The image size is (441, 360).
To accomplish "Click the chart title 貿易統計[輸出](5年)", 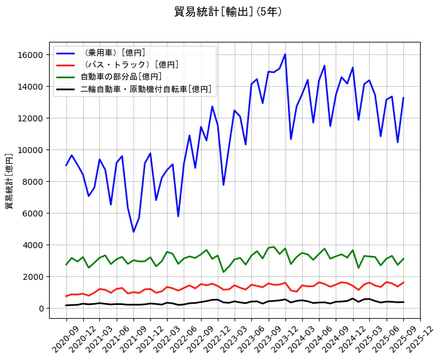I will pos(228,12).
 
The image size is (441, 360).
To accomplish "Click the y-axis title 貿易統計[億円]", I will pos(9,181).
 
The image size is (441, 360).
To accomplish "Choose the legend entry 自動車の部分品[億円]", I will pos(121,77).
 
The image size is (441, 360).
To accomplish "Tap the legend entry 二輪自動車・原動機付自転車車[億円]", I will pos(146,89).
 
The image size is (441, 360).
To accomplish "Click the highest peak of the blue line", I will pos(285,54).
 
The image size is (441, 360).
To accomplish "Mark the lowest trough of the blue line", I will pos(133,232).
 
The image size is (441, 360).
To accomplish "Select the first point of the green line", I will pos(66,265).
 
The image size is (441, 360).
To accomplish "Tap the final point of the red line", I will pos(403,283).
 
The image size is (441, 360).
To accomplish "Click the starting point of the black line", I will pos(66,306).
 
